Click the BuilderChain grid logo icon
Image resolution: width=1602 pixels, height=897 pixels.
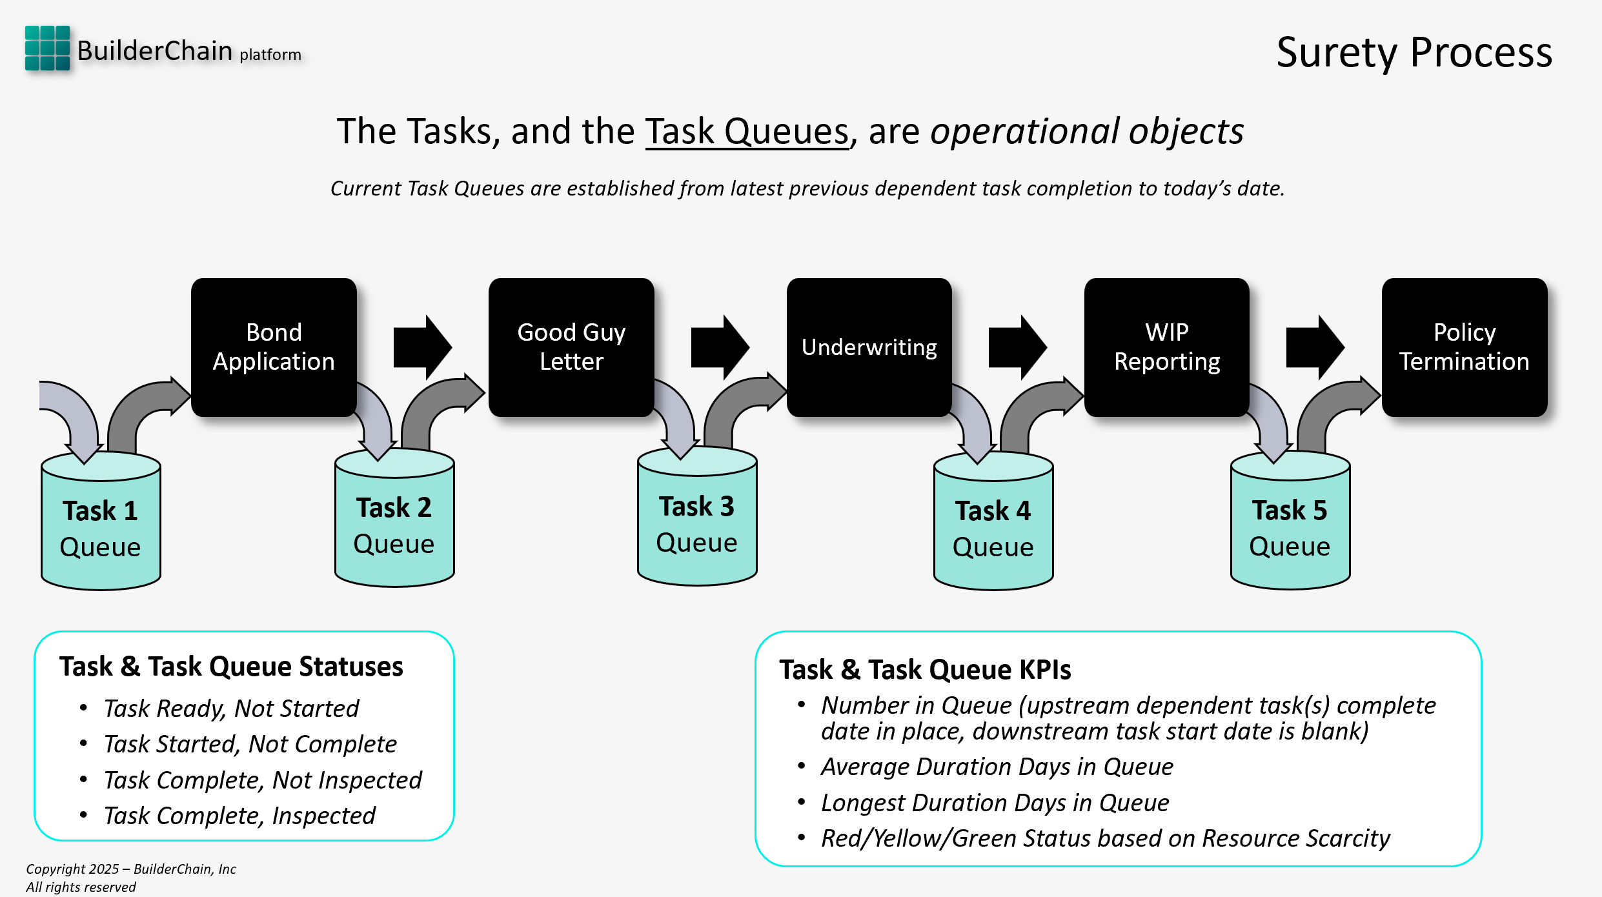tap(47, 48)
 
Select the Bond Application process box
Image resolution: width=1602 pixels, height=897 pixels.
tap(274, 347)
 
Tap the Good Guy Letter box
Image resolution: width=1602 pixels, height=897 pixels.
tap(571, 347)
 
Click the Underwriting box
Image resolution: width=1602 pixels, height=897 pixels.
tap(869, 347)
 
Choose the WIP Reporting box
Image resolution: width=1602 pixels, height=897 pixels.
tap(1166, 347)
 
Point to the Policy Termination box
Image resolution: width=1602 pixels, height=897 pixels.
tap(1464, 347)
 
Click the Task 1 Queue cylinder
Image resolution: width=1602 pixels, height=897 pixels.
tap(101, 526)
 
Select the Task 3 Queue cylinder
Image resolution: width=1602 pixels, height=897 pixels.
tap(697, 523)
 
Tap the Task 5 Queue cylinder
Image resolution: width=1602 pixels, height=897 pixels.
tap(1290, 526)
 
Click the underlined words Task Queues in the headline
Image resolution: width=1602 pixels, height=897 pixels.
tap(747, 132)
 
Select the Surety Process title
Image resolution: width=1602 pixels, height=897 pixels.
tap(1414, 52)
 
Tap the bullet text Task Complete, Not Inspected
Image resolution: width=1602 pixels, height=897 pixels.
tap(263, 780)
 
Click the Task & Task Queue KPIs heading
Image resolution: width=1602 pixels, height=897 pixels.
tap(925, 669)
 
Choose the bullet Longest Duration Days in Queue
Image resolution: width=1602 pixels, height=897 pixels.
tap(995, 803)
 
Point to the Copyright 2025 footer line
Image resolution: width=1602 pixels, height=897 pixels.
tap(131, 869)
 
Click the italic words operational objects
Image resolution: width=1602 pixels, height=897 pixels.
tap(1087, 132)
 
